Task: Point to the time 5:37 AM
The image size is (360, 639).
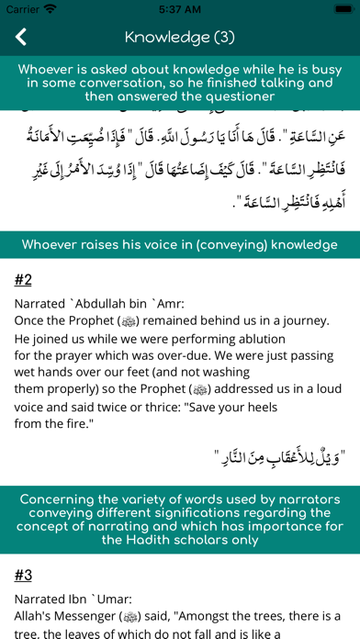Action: [x=180, y=9]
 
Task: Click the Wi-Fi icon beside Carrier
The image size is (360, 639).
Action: [x=50, y=9]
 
